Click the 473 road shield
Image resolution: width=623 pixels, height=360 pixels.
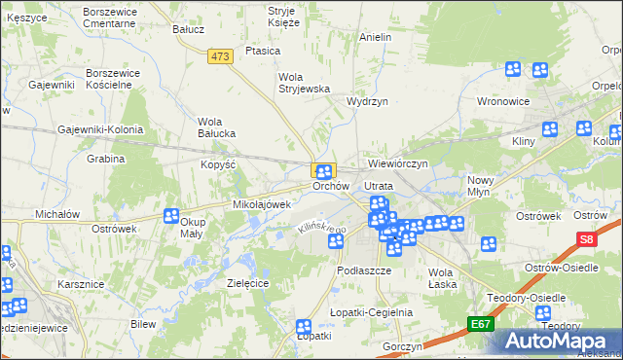coord(220,57)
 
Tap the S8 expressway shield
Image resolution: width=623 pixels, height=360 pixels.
coord(585,239)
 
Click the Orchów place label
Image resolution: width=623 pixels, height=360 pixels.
coord(330,186)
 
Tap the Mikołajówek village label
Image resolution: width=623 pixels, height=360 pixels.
coord(262,205)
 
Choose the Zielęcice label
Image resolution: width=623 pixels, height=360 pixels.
coord(247,282)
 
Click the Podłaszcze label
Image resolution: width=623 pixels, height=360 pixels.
coord(362,270)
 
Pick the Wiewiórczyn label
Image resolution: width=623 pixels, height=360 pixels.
coord(399,164)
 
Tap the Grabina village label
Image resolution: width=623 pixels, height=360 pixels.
coord(106,159)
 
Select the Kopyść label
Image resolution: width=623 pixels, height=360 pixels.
coord(219,165)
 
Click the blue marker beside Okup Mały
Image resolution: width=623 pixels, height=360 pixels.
coord(171,216)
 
